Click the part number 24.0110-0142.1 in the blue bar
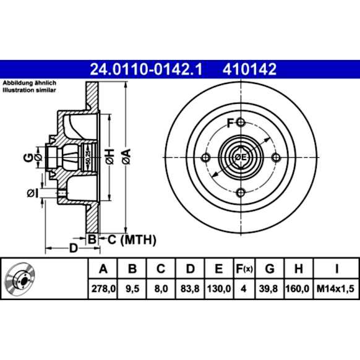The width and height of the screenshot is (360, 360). tap(146, 69)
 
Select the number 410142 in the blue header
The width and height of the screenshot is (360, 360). tap(249, 69)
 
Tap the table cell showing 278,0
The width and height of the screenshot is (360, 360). tap(103, 289)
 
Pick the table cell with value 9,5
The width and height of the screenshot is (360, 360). tap(132, 289)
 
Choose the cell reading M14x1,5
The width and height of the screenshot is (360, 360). tap(335, 289)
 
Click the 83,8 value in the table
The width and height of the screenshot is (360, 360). tap(190, 289)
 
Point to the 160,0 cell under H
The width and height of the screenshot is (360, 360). tap(298, 289)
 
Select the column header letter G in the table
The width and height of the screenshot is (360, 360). tap(270, 268)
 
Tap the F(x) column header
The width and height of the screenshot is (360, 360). tap(244, 268)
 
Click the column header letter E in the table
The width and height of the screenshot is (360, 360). tap(218, 268)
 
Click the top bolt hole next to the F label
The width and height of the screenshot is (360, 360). tap(241, 122)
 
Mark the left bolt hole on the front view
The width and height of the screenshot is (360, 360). tap(205, 158)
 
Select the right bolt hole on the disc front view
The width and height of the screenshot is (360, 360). tap(276, 158)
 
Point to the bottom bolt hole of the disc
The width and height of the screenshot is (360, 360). tap(241, 192)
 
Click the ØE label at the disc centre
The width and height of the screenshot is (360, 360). tap(241, 158)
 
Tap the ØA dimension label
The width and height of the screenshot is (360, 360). tap(126, 156)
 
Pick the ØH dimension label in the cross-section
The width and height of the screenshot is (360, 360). tap(110, 156)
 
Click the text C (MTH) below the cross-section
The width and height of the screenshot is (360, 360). tap(132, 240)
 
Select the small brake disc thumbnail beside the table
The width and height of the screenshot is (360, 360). tap(20, 278)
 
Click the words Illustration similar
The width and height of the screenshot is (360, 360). tap(29, 90)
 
